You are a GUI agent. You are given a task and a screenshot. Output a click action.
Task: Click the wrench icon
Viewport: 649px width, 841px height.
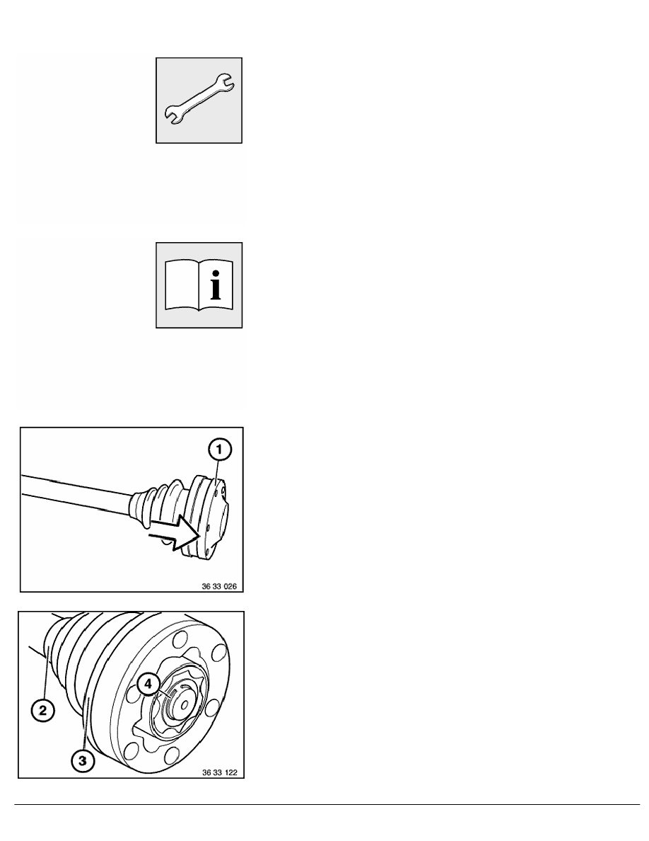pos(199,100)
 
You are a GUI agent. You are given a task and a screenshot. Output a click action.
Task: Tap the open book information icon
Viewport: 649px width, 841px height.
pos(199,285)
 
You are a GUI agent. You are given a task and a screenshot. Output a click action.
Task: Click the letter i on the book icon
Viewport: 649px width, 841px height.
pos(216,286)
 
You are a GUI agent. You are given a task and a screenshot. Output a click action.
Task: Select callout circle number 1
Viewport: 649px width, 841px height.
pos(220,450)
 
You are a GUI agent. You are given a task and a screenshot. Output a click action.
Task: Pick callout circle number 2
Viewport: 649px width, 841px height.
pos(43,711)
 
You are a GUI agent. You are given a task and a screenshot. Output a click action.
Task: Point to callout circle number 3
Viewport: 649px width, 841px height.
pos(83,761)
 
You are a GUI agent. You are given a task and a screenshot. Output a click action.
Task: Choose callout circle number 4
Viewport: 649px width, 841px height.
pos(148,685)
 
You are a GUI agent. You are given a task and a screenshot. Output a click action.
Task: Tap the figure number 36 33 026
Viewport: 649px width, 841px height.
pos(219,586)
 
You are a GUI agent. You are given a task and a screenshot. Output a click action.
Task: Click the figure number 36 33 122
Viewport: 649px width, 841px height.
pos(220,773)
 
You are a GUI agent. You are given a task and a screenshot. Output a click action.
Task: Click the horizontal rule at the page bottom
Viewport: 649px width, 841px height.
pos(327,804)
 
